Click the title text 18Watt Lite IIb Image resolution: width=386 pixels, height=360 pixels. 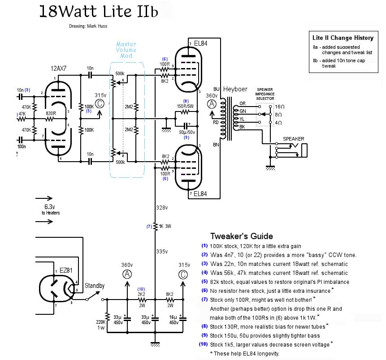[x=99, y=11]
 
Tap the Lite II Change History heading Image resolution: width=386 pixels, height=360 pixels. [x=343, y=38]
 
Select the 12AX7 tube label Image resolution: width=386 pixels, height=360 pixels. [x=59, y=69]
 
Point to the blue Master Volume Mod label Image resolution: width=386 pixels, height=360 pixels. [x=126, y=50]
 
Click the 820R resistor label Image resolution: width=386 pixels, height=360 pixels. [x=51, y=114]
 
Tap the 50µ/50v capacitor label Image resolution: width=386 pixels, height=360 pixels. [x=186, y=133]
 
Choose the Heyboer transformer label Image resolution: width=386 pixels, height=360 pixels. [x=235, y=90]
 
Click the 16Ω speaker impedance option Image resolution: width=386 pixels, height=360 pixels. [x=279, y=107]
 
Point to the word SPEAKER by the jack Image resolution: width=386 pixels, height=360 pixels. [x=294, y=139]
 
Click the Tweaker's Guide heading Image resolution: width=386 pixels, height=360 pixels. [x=242, y=236]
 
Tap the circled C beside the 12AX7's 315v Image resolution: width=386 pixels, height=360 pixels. [x=100, y=104]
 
